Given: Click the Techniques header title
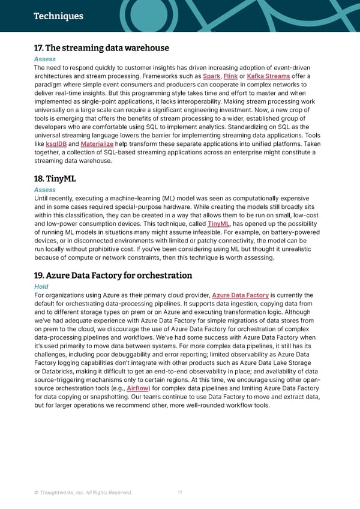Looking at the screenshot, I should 58,16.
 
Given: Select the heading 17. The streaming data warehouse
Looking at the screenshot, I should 101,48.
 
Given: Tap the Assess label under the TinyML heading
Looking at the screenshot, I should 45,190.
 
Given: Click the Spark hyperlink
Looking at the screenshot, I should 211,76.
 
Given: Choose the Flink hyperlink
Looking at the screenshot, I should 230,76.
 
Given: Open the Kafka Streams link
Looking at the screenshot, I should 269,76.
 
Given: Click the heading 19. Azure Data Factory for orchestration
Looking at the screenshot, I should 113,276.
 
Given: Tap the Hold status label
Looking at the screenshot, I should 41,287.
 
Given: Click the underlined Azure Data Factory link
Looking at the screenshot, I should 241,295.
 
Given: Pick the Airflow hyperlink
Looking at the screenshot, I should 139,388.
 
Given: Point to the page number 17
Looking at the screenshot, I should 180,493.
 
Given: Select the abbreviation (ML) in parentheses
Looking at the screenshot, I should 171,199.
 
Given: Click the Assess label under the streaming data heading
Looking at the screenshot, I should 45,59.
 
